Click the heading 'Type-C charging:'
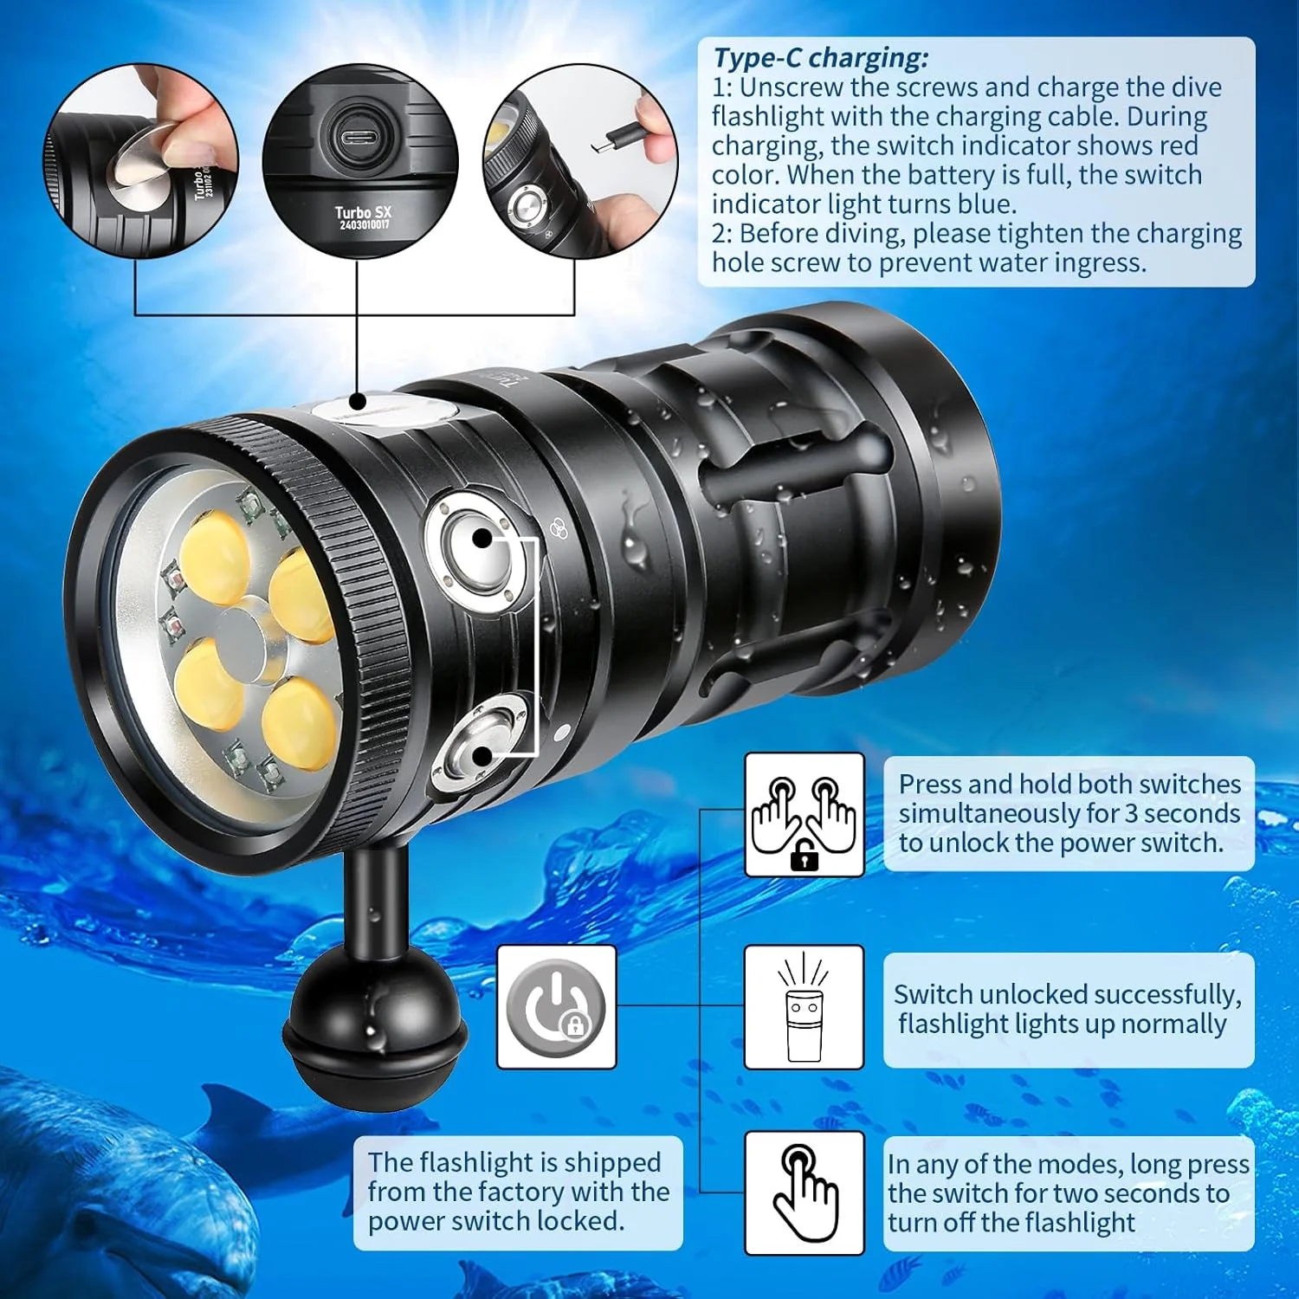pyautogui.click(x=820, y=59)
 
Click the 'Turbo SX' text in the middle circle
pyautogui.click(x=364, y=212)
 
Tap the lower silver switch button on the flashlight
pyautogui.click(x=482, y=743)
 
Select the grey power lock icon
pyautogui.click(x=556, y=1007)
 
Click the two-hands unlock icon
pyautogui.click(x=805, y=815)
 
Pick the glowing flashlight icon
pyautogui.click(x=804, y=1006)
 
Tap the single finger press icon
pyautogui.click(x=805, y=1192)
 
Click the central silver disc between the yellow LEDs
pyautogui.click(x=254, y=641)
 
